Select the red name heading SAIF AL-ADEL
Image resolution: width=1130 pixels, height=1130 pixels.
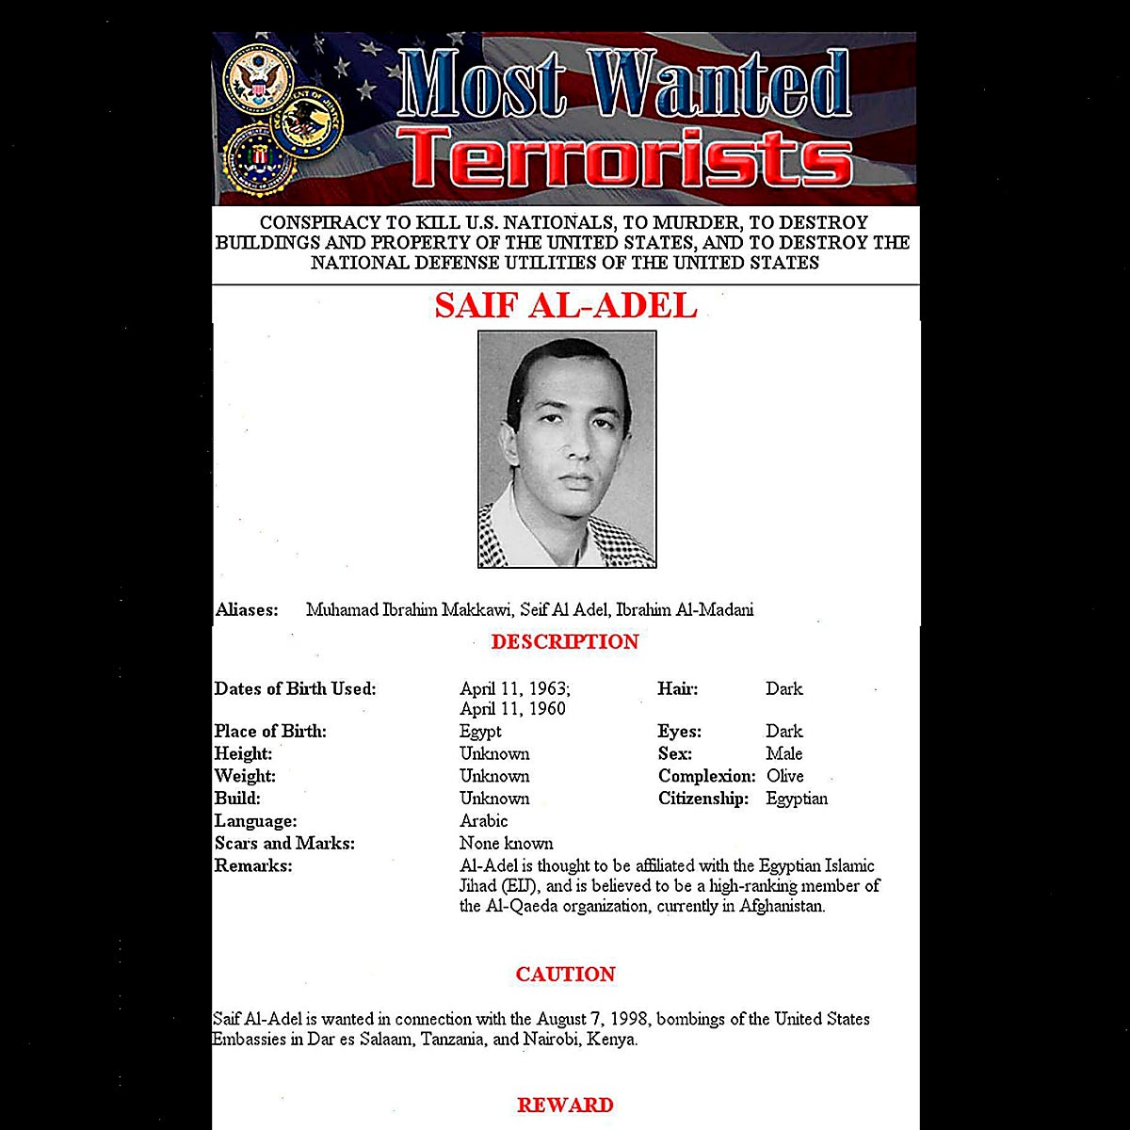point(565,306)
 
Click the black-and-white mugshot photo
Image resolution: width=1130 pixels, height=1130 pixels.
point(567,449)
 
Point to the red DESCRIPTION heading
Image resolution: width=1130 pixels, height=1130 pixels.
point(565,642)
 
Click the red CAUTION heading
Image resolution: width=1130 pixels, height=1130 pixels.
point(565,975)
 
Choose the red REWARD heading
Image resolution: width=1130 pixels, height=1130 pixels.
point(565,1106)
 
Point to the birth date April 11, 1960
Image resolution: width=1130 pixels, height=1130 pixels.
point(512,709)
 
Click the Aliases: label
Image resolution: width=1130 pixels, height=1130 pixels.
point(247,610)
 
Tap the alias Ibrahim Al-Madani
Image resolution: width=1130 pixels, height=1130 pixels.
point(685,610)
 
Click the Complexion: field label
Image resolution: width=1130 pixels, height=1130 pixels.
point(706,776)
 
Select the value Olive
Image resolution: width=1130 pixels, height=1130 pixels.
point(784,776)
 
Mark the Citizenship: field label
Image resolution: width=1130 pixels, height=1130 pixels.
point(703,799)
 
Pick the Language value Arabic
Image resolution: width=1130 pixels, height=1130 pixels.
point(483,821)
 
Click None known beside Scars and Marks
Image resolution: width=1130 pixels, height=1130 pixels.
point(506,844)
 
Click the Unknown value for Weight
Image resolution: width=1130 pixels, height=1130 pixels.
point(494,776)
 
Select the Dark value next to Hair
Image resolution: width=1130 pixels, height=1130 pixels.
point(783,689)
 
